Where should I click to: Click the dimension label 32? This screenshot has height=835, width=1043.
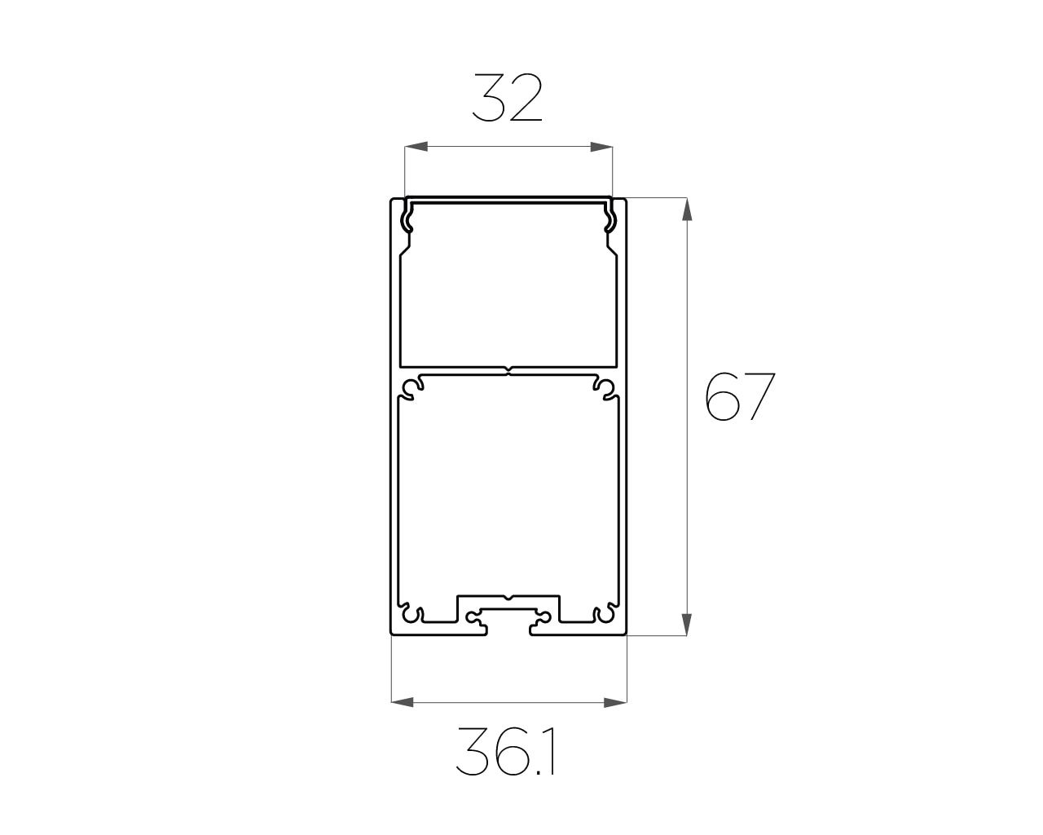coord(507,98)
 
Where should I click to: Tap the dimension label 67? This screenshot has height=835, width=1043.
coord(740,396)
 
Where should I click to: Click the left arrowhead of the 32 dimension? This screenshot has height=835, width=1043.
coord(416,147)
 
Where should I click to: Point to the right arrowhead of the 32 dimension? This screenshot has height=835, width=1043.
coord(601,147)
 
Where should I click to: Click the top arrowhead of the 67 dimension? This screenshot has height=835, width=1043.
coord(687,210)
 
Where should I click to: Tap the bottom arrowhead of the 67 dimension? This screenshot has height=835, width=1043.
coord(687,624)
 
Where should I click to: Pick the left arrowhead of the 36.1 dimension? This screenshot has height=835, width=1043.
coord(403,702)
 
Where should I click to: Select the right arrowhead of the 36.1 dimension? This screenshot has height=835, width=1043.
coord(615,702)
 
